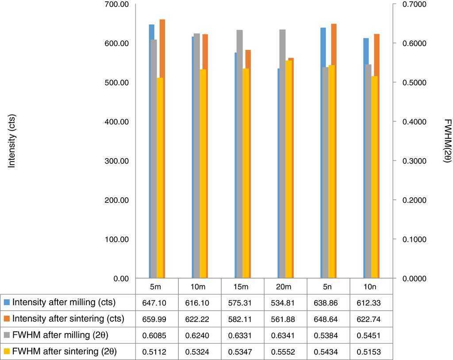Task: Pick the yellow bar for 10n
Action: point(374,177)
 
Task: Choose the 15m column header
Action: point(241,287)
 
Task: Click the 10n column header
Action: point(371,287)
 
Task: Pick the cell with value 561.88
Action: point(284,319)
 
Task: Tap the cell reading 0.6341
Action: point(284,336)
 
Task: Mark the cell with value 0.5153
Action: point(371,352)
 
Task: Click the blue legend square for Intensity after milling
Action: point(7,303)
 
